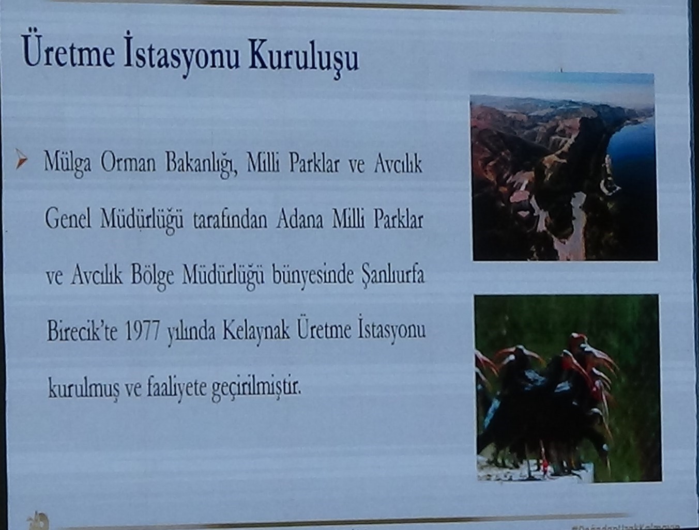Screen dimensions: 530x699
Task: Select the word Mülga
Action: [67, 163]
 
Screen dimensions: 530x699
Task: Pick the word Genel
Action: [67, 219]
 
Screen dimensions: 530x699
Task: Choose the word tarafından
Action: [230, 220]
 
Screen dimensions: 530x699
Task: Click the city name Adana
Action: [300, 219]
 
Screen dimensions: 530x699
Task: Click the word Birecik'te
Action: [82, 331]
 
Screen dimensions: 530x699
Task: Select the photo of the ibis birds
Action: [567, 387]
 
